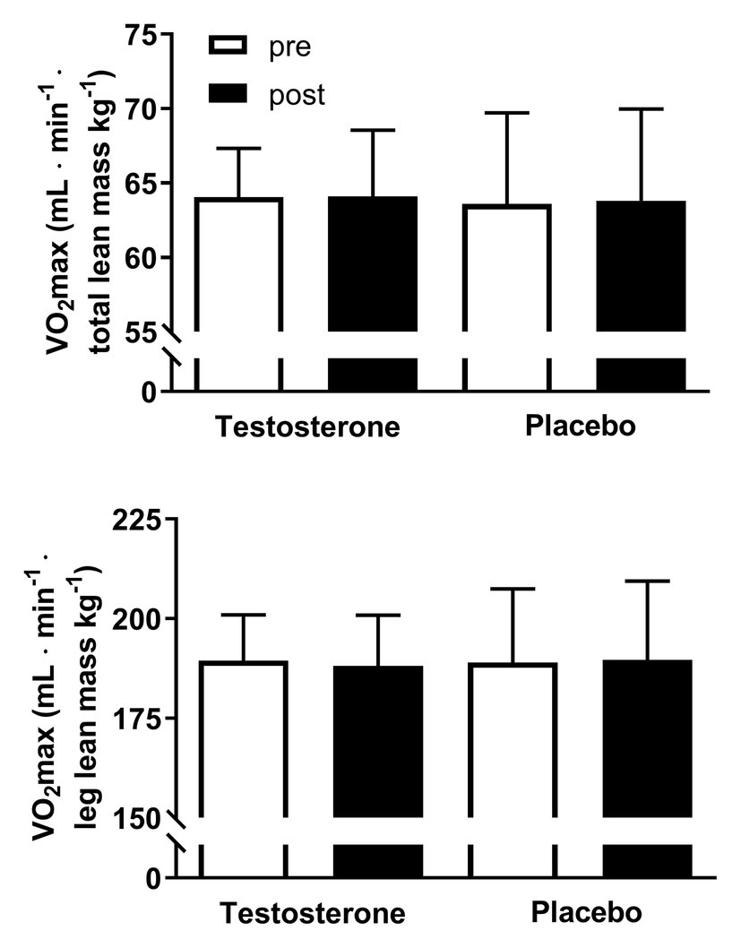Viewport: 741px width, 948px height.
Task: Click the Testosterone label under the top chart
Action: pos(306,427)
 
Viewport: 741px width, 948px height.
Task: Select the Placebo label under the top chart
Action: pos(580,425)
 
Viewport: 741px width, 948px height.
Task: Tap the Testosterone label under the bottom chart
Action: pos(313,913)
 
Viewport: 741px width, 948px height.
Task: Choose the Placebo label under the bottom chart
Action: pos(586,913)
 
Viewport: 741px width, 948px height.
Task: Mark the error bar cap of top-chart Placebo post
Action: pos(642,108)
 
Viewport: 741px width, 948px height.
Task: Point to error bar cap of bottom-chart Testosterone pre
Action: pos(243,615)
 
